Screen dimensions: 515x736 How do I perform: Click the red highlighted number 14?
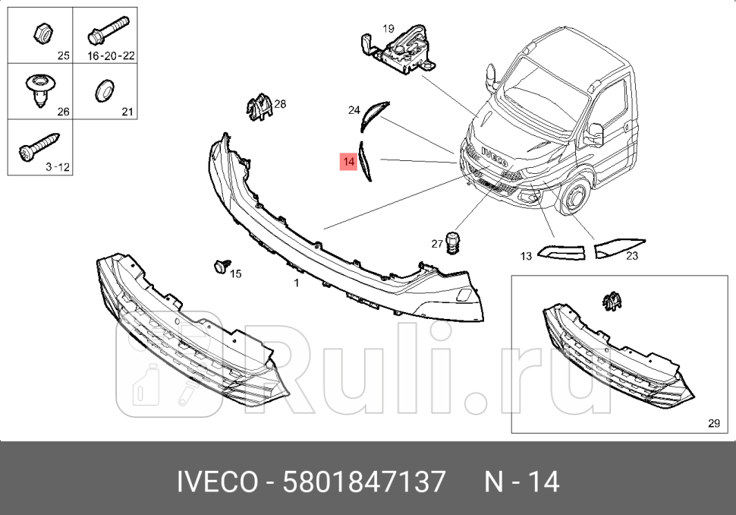coord(348,162)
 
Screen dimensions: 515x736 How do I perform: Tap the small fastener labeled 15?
coord(219,266)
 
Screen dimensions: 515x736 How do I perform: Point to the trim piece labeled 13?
coord(561,251)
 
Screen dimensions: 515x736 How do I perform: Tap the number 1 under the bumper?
coord(297,283)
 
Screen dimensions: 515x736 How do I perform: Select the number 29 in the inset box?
coord(713,424)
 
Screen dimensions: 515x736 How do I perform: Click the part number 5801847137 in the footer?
coord(364,482)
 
